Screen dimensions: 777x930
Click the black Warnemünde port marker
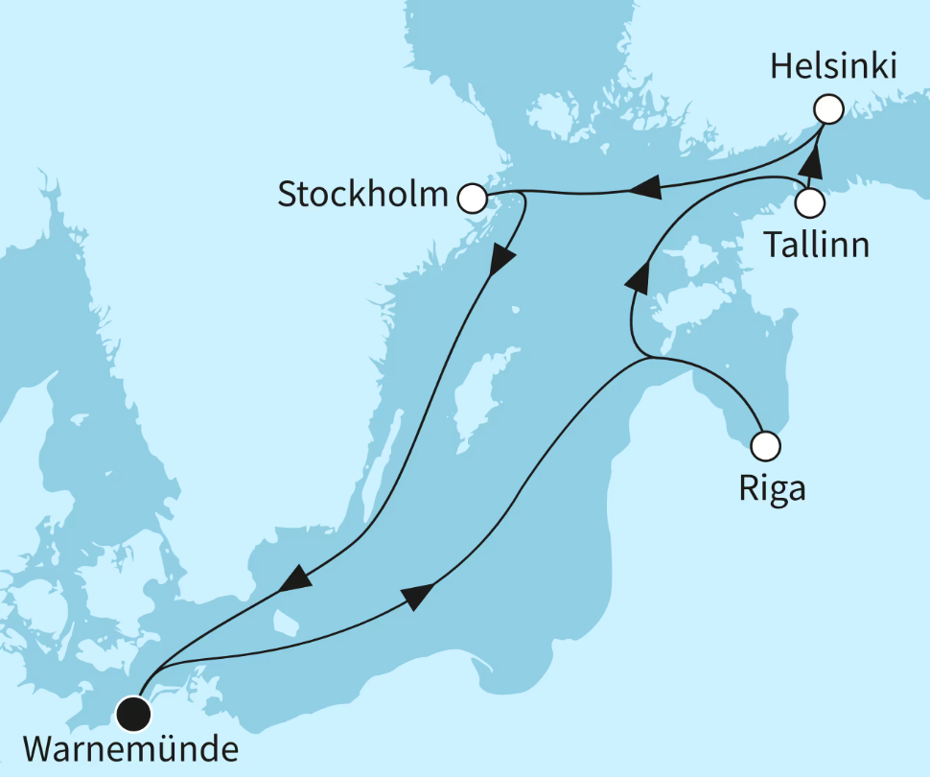click(x=133, y=712)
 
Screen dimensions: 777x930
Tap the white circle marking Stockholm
click(x=472, y=198)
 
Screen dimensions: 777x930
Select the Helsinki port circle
click(x=827, y=109)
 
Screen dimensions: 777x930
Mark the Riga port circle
click(x=765, y=445)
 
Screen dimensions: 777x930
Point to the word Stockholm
click(x=362, y=195)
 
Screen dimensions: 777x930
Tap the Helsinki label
click(x=833, y=68)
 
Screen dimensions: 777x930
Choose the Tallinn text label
click(x=817, y=246)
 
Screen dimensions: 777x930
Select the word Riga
click(x=772, y=489)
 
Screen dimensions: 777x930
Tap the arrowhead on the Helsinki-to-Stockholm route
click(x=644, y=189)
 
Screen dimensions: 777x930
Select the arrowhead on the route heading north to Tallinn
click(x=638, y=278)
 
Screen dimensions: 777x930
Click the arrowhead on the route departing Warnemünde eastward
click(x=415, y=597)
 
